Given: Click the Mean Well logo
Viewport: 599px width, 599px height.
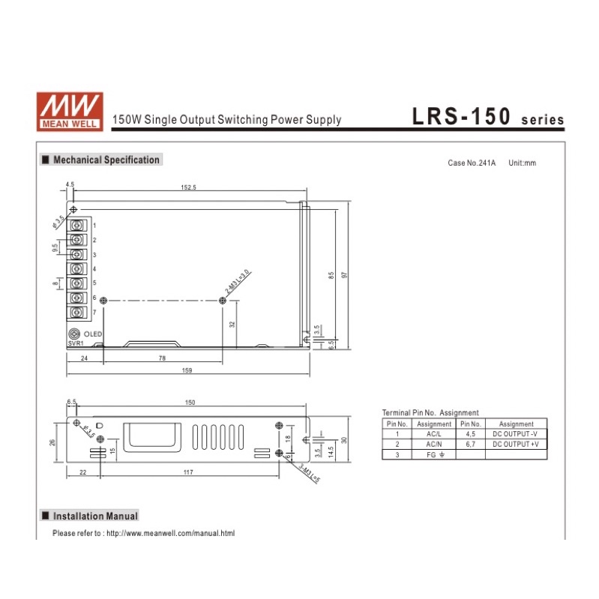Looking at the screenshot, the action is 70,112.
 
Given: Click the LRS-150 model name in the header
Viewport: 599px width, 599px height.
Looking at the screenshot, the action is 461,116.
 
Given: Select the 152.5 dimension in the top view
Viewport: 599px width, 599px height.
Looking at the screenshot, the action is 188,187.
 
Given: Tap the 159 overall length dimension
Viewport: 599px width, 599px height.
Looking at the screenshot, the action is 187,370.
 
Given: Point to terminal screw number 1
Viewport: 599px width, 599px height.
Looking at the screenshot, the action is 76,226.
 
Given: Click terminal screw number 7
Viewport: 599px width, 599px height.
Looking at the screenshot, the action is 76,313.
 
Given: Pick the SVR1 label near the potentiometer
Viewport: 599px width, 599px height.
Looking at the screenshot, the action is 76,343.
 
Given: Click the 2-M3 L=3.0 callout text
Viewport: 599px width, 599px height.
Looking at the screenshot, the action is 237,282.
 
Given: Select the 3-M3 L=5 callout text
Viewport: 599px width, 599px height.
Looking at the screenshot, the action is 310,473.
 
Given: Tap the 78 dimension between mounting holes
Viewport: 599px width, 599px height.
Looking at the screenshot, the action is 162,358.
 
